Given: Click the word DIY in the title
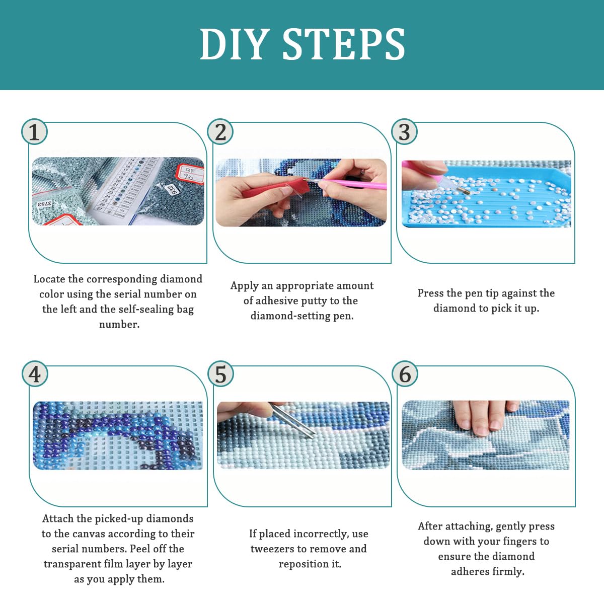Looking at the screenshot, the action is click(x=235, y=44).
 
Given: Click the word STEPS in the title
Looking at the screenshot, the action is click(x=344, y=44).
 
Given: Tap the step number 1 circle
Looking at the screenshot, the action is click(x=35, y=132).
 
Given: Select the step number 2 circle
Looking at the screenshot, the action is click(x=220, y=132).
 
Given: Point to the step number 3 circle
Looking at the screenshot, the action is click(x=404, y=132).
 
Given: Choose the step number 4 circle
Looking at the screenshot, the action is click(x=35, y=373).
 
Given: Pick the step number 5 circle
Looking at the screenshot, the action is click(x=220, y=373).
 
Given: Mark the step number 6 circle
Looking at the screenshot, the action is click(x=405, y=373).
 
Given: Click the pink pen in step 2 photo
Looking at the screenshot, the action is click(x=351, y=184).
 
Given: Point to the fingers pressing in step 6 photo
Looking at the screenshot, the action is click(x=485, y=417).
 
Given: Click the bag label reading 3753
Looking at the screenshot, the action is click(x=45, y=204).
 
